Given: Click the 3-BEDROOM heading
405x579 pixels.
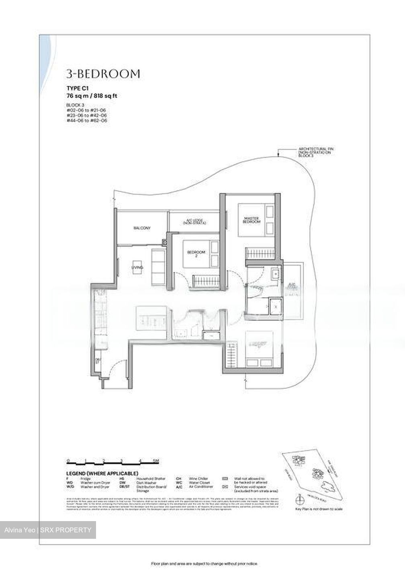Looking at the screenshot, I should [103, 74].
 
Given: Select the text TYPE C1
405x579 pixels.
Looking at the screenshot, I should [78, 89].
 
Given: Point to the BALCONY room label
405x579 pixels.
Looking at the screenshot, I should [142, 228].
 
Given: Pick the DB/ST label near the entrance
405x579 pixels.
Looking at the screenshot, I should [97, 361].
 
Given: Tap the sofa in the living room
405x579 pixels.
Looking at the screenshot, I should [158, 261].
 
